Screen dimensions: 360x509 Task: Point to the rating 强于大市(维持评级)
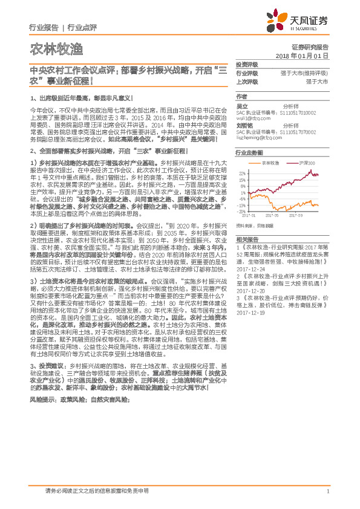pyautogui.click(x=307, y=73)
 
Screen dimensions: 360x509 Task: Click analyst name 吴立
pyautogui.click(x=242, y=106)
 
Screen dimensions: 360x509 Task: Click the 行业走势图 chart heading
pyautogui.click(x=249, y=154)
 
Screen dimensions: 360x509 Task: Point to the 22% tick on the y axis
pyautogui.click(x=243, y=173)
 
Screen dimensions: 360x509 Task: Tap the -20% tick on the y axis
pyautogui.click(x=242, y=211)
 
